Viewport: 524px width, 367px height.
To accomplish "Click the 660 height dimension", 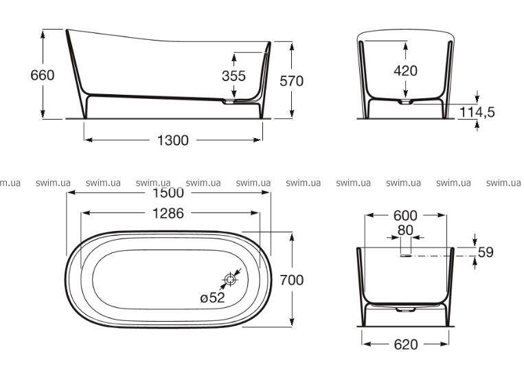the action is (x=42, y=76).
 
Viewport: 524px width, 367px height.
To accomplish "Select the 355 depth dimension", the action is (x=233, y=76).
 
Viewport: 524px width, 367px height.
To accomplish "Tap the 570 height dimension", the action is (x=291, y=81).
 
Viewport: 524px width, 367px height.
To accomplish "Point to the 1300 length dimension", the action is (x=173, y=140).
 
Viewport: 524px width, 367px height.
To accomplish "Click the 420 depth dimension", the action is (x=405, y=71).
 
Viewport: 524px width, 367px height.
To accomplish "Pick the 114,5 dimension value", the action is (x=477, y=112).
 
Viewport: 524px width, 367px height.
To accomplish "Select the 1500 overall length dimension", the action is (x=168, y=192).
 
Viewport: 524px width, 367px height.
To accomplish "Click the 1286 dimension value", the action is (x=168, y=213).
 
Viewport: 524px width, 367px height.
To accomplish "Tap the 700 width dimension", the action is (x=291, y=280).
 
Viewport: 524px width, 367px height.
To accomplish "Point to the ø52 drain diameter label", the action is (x=212, y=297).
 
